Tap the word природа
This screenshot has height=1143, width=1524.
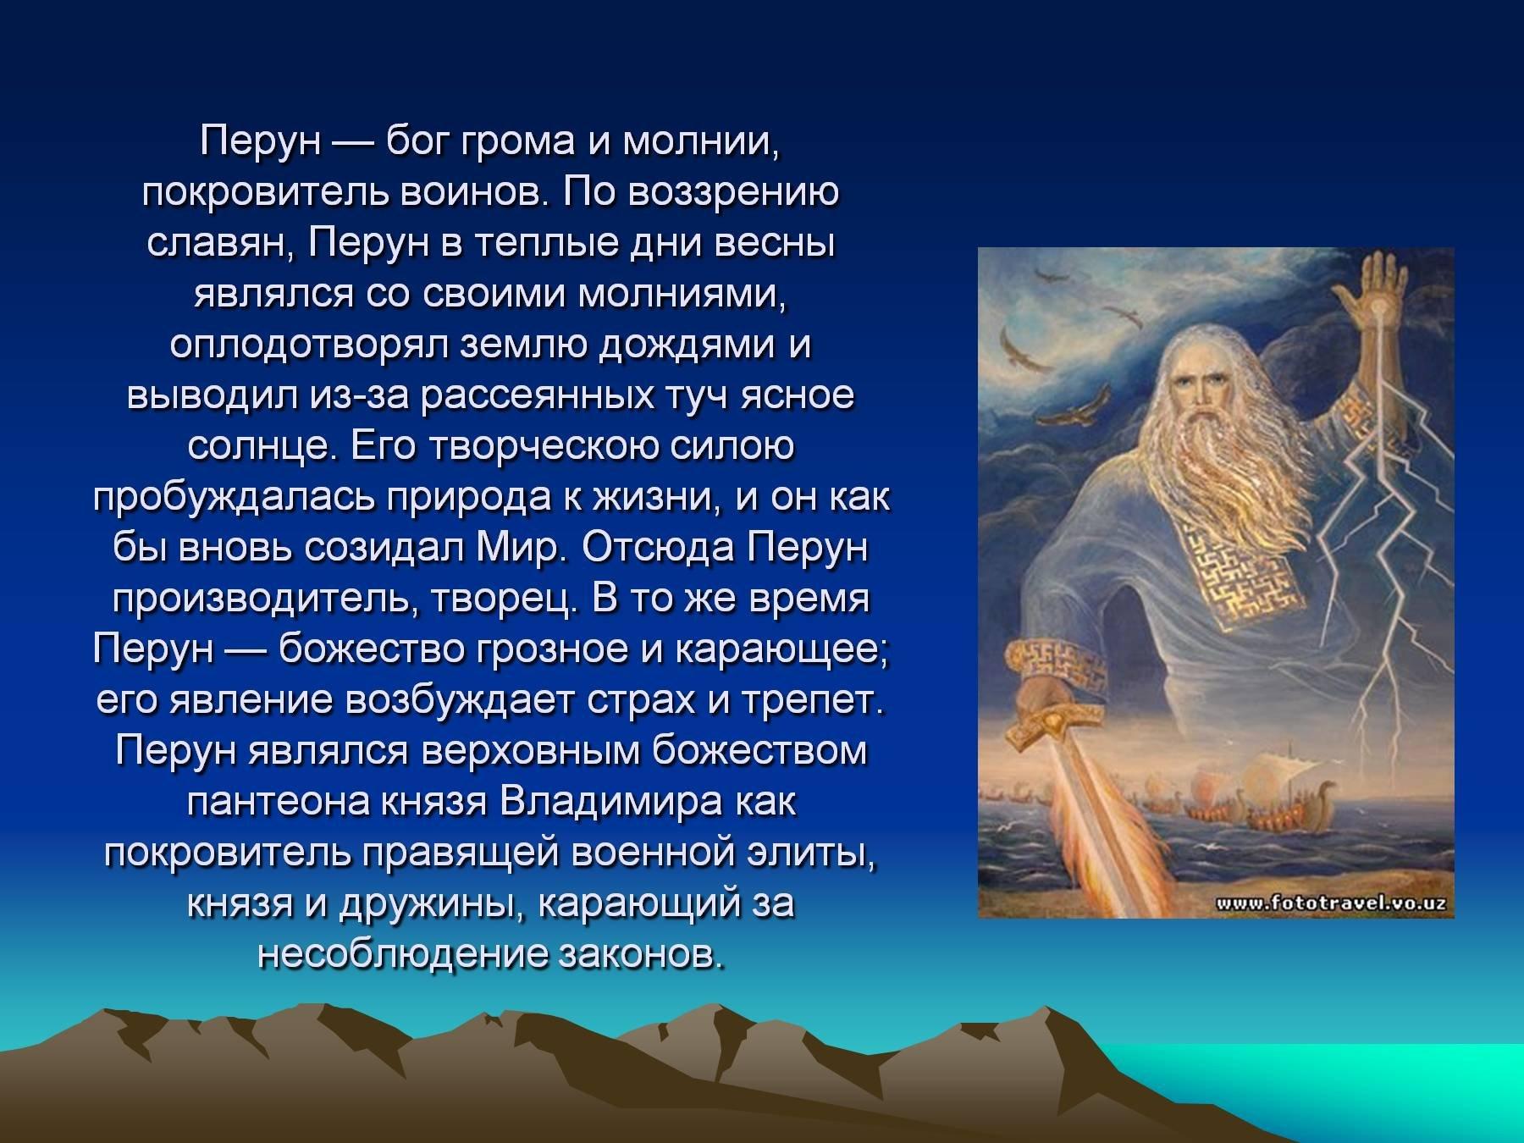pos(469,499)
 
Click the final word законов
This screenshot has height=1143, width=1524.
pos(643,956)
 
